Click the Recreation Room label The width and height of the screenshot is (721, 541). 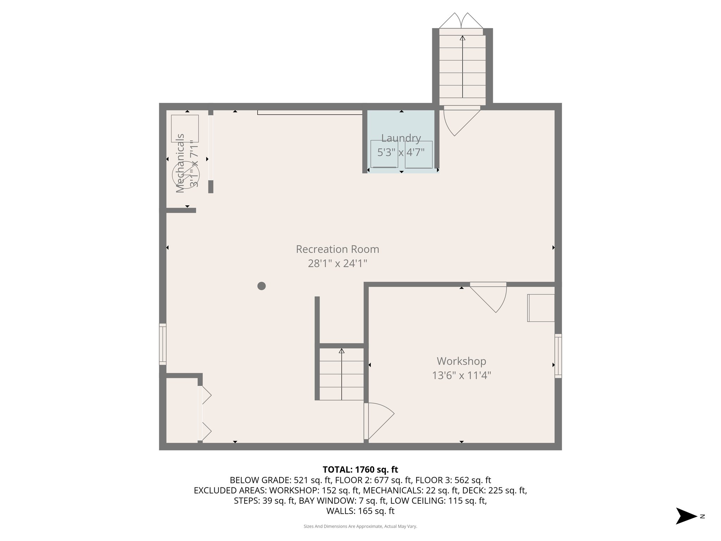click(x=337, y=249)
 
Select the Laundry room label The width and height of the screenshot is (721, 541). click(x=401, y=138)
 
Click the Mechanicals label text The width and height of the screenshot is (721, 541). click(x=180, y=163)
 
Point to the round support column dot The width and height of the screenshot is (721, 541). click(x=261, y=286)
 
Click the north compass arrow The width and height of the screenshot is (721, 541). click(x=686, y=516)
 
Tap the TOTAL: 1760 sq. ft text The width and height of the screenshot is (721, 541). click(x=360, y=470)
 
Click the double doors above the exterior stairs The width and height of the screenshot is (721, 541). click(x=461, y=21)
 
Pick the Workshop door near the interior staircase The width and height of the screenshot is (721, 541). click(x=378, y=421)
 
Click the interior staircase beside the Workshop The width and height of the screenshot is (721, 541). click(x=341, y=374)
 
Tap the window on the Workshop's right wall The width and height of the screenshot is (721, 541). click(x=558, y=356)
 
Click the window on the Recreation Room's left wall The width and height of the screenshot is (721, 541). click(x=162, y=344)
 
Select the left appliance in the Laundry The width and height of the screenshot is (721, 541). click(x=384, y=154)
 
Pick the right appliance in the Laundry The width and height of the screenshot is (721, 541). click(x=419, y=154)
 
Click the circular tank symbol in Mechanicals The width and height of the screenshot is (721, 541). click(x=186, y=175)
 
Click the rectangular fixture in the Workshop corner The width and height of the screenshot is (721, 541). click(x=541, y=308)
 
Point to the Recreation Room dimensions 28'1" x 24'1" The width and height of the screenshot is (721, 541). click(x=337, y=263)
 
